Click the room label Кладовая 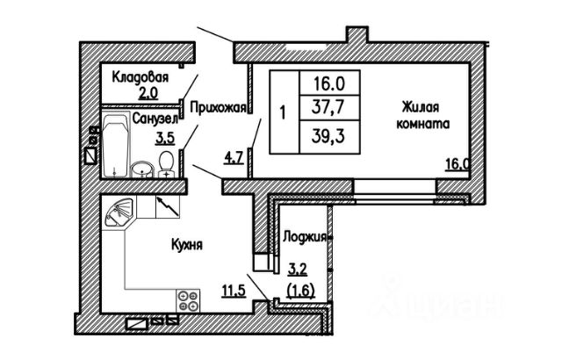click(x=139, y=76)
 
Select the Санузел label click(x=155, y=117)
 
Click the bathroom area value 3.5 click(x=164, y=137)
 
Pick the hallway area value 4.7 click(x=234, y=158)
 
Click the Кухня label click(x=187, y=246)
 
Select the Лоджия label click(x=304, y=236)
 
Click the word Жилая click(x=419, y=107)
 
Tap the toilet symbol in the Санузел click(x=166, y=162)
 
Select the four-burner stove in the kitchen click(x=188, y=301)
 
